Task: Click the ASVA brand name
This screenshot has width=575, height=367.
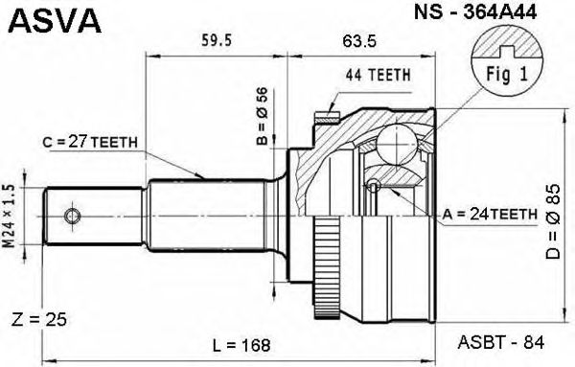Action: pyautogui.click(x=55, y=20)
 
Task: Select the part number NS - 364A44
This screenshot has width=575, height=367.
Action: pyautogui.click(x=475, y=12)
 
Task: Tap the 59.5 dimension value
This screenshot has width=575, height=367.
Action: pyautogui.click(x=217, y=40)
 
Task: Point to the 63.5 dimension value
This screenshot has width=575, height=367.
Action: pyautogui.click(x=359, y=41)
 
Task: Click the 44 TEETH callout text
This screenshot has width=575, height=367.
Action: pyautogui.click(x=379, y=75)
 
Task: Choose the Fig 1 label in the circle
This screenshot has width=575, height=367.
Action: pyautogui.click(x=507, y=74)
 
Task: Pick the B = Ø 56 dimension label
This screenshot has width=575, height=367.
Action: pyautogui.click(x=263, y=116)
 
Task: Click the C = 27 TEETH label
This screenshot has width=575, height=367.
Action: pyautogui.click(x=90, y=142)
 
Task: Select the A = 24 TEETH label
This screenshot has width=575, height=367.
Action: pyautogui.click(x=490, y=214)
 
